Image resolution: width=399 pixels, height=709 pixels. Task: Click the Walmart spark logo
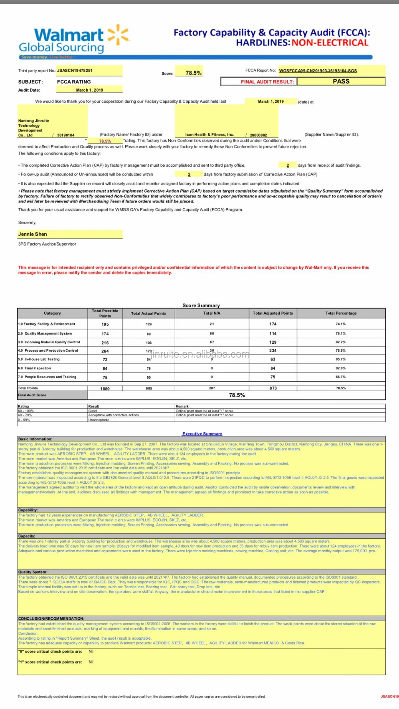[119, 34]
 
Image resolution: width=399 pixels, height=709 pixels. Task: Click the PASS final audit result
[341, 81]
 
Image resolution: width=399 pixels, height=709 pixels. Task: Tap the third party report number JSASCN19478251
[75, 71]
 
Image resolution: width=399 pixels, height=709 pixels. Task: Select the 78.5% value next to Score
[194, 73]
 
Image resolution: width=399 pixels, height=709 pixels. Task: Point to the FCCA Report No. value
[318, 71]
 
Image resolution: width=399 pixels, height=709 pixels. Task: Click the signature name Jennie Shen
[33, 234]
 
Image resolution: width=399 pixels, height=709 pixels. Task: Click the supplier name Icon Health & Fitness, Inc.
[209, 135]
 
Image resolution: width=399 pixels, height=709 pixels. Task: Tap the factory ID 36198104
[66, 135]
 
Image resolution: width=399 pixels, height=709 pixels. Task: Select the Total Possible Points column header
[105, 313]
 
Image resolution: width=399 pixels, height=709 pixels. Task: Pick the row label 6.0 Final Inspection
[35, 368]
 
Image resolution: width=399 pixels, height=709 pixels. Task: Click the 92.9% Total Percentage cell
[341, 368]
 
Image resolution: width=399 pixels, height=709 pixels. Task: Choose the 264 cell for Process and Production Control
[105, 351]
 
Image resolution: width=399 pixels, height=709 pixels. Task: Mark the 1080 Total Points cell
[105, 388]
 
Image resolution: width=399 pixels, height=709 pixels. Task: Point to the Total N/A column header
[212, 313]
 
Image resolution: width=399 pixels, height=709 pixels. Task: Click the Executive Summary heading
[202, 434]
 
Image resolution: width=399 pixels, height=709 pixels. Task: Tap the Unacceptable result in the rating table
[99, 420]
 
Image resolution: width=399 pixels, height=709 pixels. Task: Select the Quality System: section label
[33, 572]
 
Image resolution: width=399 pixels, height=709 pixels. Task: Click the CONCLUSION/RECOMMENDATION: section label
[51, 618]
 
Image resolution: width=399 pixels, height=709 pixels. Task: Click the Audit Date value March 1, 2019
[90, 90]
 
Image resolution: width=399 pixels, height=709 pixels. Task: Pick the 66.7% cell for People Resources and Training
[341, 377]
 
